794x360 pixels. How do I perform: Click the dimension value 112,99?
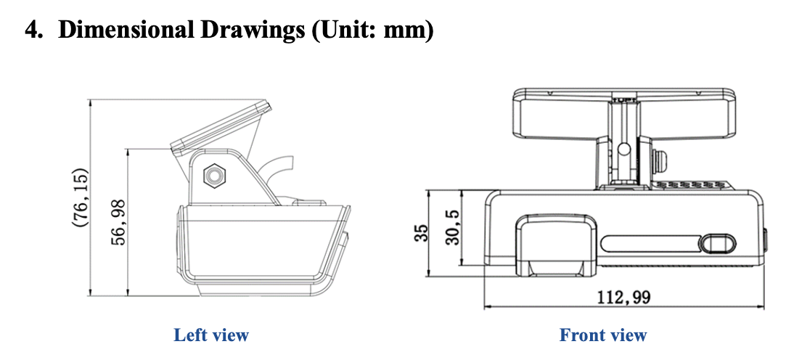click(623, 297)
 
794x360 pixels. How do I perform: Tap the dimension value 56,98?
click(118, 223)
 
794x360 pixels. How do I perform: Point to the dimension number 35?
click(421, 234)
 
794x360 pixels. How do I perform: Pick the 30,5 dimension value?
click(452, 227)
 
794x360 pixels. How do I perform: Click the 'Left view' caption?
click(211, 335)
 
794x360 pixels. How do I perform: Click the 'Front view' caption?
click(603, 335)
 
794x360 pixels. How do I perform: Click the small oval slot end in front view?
click(718, 244)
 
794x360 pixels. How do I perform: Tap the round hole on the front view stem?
click(624, 149)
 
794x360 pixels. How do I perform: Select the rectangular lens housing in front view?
click(556, 245)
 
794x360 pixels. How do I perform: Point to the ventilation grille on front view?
click(692, 185)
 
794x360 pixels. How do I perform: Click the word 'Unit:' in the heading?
click(345, 31)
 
